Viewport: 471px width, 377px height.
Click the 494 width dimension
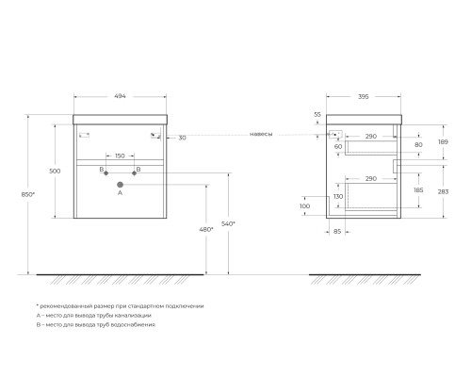(x=120, y=96)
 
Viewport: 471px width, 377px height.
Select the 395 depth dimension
(x=364, y=97)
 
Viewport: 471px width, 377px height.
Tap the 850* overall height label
(x=28, y=194)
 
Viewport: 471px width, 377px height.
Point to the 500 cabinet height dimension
(x=55, y=172)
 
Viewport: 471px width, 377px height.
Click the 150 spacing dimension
(x=120, y=156)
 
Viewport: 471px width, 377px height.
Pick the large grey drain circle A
(x=120, y=185)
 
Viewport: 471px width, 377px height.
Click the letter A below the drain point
(x=120, y=193)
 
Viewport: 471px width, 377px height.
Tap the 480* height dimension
(x=206, y=230)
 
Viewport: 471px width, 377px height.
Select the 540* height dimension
(x=228, y=224)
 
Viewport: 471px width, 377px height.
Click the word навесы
(x=261, y=135)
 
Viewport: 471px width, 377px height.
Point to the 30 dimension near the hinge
(x=183, y=138)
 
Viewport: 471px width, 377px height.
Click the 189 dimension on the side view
(x=443, y=142)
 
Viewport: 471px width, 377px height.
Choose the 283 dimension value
(x=443, y=191)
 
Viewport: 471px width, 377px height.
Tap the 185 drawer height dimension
(x=418, y=190)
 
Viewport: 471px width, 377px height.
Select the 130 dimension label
(x=338, y=197)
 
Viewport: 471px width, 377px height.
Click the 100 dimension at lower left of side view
(x=304, y=206)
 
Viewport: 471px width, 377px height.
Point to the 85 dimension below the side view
(x=337, y=232)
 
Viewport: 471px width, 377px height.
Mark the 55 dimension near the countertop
(x=317, y=115)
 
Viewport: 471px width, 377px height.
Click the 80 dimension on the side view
(x=418, y=145)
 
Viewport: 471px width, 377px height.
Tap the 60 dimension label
(x=338, y=147)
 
